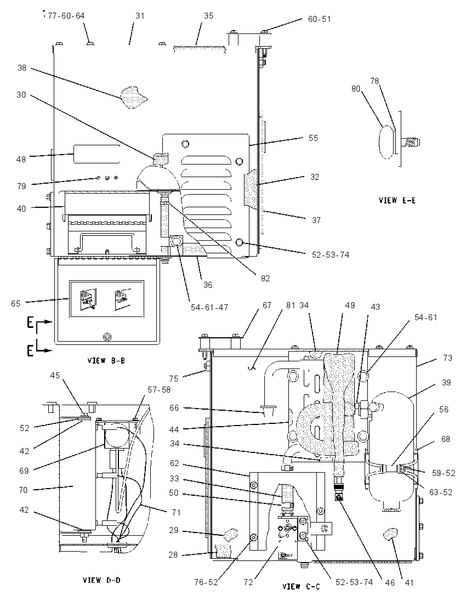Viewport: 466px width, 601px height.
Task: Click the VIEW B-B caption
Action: [x=106, y=360]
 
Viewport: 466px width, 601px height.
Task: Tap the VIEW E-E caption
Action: [x=397, y=200]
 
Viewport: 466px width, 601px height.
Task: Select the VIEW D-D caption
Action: [x=101, y=580]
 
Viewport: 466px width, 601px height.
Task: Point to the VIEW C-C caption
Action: [x=301, y=586]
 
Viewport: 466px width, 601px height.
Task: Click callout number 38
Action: [x=22, y=68]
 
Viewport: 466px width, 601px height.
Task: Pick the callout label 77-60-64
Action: [x=66, y=16]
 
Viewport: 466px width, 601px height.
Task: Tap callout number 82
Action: [x=265, y=278]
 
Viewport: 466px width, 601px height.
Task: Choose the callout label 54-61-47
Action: [x=209, y=307]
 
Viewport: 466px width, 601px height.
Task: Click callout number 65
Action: [x=15, y=303]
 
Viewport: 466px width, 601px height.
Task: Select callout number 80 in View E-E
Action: [x=356, y=88]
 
